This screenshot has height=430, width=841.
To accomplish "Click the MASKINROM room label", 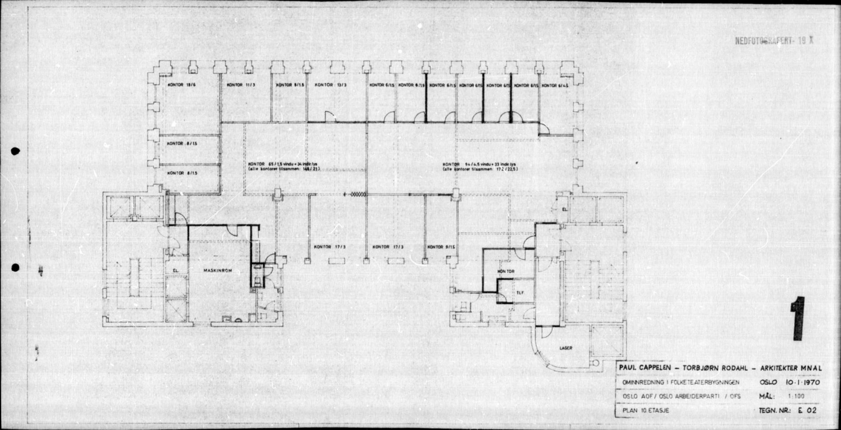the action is (217, 270).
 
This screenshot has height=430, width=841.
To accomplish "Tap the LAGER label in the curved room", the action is (566, 348).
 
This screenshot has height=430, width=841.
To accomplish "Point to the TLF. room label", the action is (520, 292).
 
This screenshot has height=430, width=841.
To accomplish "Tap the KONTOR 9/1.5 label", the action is (439, 247).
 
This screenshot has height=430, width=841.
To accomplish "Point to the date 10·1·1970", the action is (802, 382).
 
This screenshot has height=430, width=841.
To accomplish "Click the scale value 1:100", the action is (796, 396).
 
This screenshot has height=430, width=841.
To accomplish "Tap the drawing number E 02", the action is (807, 411).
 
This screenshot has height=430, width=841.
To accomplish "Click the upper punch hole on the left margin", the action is (15, 151).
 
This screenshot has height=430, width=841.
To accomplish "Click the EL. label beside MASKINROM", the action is (175, 270).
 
